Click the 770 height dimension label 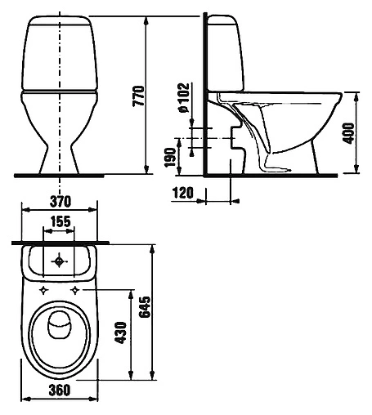pos(138,96)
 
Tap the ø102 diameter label pos(183,97)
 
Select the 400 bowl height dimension pos(348,133)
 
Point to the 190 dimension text pos(171,158)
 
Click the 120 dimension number pos(183,193)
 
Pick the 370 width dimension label pos(61,202)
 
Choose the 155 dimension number pos(61,221)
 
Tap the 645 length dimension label pos(145,307)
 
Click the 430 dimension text pos(121,332)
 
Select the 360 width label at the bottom pos(60,390)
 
